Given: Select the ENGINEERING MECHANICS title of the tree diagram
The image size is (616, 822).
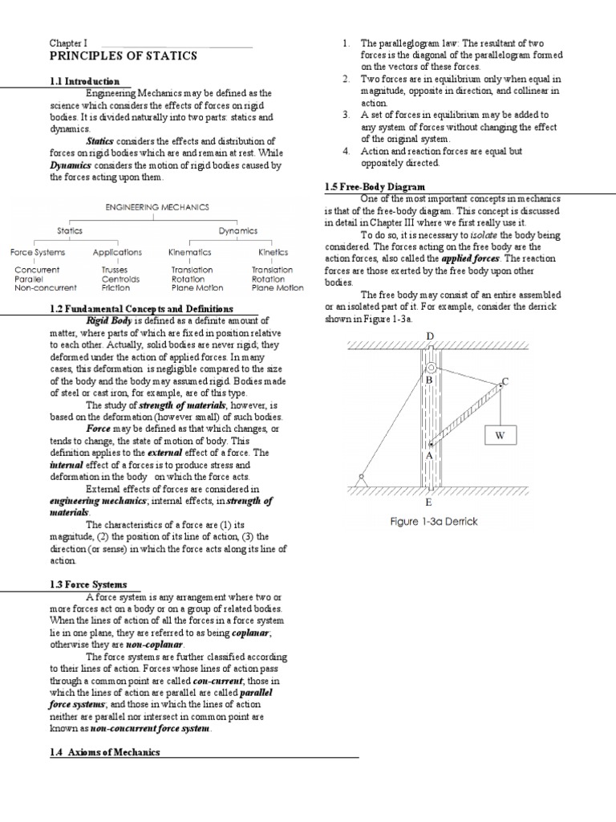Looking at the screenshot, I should pos(157,207).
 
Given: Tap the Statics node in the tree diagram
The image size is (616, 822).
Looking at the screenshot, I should pos(71,231).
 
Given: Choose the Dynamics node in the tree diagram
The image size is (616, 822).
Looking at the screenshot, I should pos(238,231).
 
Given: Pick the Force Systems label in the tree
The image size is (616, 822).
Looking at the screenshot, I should pos(38,253).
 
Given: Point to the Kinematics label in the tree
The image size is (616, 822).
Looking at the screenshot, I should pos(190,253).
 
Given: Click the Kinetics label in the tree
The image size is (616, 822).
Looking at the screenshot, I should pos(273,253).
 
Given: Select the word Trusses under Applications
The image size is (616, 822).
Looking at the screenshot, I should pos(115,271).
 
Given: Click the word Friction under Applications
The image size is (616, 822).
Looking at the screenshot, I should pos(115,287).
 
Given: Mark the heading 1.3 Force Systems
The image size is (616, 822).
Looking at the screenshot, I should pos(88,584).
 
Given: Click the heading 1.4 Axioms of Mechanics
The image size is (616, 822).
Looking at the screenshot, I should pos(105,752).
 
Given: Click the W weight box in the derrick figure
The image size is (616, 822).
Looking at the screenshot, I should pos(500,436).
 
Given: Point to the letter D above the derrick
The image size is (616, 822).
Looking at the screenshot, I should pos(430,336).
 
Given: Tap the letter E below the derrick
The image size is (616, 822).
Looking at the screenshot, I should pos(429,503).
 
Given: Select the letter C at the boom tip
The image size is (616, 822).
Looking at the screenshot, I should pos(505,380).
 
